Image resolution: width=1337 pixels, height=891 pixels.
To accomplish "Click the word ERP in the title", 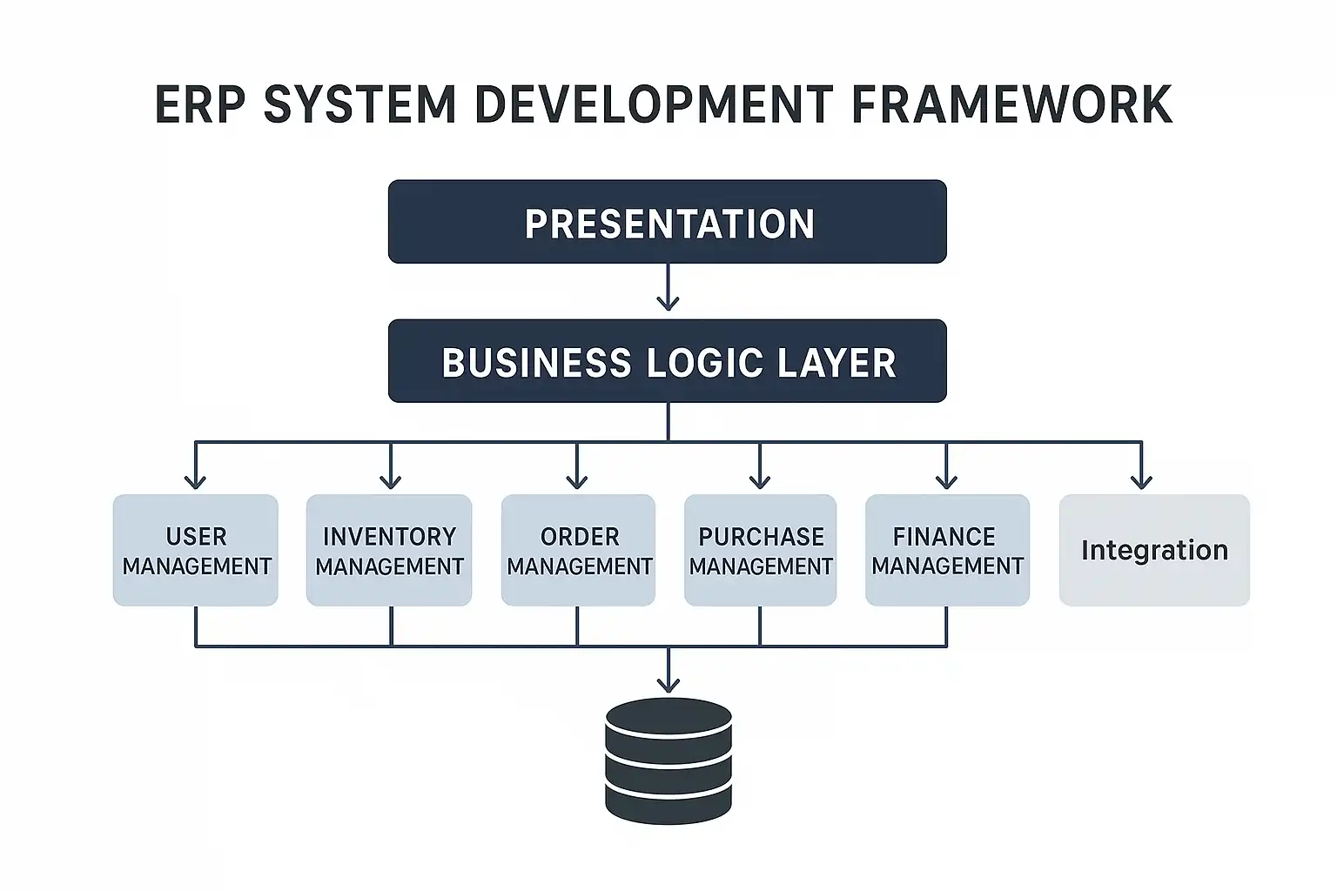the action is tap(200, 104).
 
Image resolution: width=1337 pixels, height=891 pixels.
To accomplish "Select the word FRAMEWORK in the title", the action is tap(1011, 104).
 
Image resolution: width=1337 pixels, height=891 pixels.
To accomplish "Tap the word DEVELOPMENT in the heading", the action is tap(653, 104).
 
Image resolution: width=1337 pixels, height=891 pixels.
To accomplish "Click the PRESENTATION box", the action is tap(668, 221).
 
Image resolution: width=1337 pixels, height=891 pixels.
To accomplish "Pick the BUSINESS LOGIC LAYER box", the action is tap(668, 361).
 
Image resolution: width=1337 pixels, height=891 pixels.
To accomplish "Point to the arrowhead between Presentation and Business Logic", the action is tap(668, 303).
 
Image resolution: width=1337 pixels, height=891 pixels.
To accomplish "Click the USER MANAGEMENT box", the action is tap(196, 550).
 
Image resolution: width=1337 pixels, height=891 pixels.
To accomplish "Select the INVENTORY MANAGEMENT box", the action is tap(389, 550).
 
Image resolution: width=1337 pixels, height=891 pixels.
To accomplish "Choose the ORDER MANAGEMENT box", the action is tap(578, 550).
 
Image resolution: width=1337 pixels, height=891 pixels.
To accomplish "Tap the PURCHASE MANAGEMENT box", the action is tap(761, 550).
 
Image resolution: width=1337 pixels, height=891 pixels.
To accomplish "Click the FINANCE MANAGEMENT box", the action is tap(947, 550).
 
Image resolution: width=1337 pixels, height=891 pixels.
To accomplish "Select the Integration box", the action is tap(1154, 550).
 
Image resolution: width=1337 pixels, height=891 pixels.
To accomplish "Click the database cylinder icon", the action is tap(668, 761).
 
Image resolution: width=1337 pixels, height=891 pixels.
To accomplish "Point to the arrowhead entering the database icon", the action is tap(668, 685).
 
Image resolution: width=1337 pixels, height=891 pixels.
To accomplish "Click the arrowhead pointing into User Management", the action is tap(195, 481).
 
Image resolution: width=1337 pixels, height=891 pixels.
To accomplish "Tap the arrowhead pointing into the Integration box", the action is tap(1142, 481).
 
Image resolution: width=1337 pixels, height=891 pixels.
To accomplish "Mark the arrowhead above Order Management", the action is tap(576, 481).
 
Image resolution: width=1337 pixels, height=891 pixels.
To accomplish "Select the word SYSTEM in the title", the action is tap(359, 104).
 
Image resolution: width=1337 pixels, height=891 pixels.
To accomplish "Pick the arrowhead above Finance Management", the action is tap(947, 481).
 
